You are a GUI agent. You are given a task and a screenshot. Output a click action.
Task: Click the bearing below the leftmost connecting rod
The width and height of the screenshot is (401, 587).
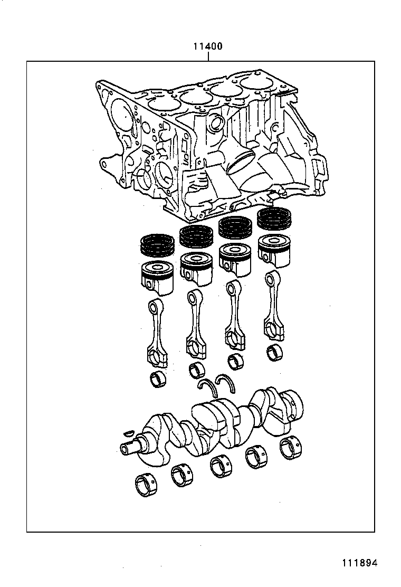coord(157,378)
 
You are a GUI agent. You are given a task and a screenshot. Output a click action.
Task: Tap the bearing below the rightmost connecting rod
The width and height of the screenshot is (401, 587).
coord(274,352)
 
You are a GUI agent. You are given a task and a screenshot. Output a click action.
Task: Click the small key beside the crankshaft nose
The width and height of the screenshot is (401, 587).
coord(126,433)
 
